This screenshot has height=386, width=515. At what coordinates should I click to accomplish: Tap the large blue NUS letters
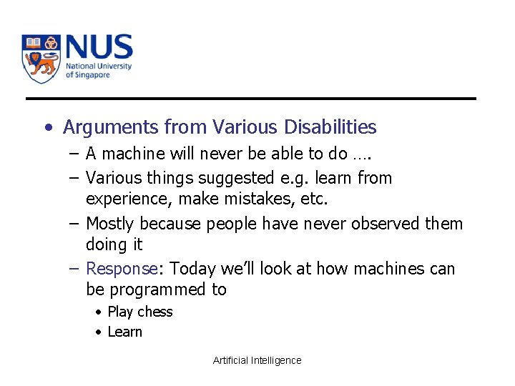click(x=99, y=47)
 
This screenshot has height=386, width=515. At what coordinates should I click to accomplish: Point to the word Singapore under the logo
click(x=92, y=75)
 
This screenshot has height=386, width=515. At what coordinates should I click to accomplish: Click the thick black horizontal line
click(x=250, y=99)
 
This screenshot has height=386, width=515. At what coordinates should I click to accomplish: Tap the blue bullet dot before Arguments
click(x=47, y=128)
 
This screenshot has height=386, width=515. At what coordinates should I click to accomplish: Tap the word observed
click(x=383, y=224)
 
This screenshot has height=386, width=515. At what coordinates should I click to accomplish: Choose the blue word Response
click(x=121, y=269)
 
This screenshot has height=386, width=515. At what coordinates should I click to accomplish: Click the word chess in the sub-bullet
click(x=155, y=312)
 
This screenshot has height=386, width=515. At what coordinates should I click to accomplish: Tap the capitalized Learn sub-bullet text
click(x=124, y=332)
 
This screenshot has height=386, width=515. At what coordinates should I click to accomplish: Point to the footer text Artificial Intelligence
click(x=257, y=360)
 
